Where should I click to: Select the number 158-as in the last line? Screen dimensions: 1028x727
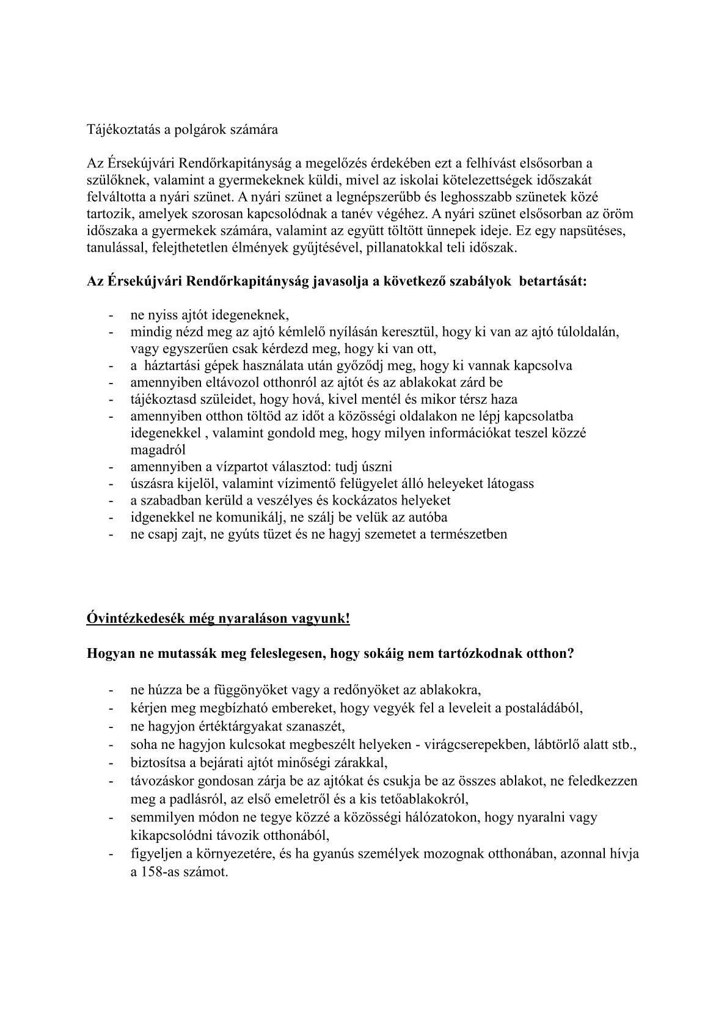pos(155,872)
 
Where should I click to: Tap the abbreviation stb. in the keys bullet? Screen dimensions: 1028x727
pos(625,745)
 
